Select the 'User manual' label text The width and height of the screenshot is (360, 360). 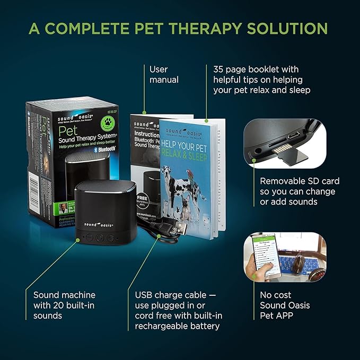click(x=164, y=75)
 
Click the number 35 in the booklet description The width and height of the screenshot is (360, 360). click(x=218, y=69)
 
